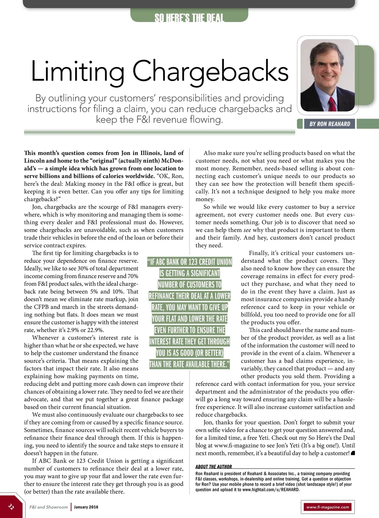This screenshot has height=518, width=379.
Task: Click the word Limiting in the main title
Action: (x=77, y=71)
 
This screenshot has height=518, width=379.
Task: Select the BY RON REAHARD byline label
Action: (x=330, y=124)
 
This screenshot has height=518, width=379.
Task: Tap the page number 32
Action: (x=11, y=507)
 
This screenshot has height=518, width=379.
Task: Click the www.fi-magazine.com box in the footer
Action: (x=328, y=507)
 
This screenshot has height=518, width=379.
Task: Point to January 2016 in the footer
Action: (x=86, y=507)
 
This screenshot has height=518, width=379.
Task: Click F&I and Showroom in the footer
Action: (x=49, y=507)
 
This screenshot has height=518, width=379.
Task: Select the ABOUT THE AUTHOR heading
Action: (x=214, y=466)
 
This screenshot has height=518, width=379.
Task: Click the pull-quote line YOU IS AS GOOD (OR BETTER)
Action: (x=189, y=353)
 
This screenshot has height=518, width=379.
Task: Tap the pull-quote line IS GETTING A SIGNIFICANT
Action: (x=189, y=273)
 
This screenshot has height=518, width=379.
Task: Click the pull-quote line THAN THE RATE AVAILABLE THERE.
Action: (x=189, y=364)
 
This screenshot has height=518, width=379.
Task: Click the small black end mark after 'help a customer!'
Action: (x=353, y=453)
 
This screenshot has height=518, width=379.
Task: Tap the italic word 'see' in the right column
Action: (x=247, y=230)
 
